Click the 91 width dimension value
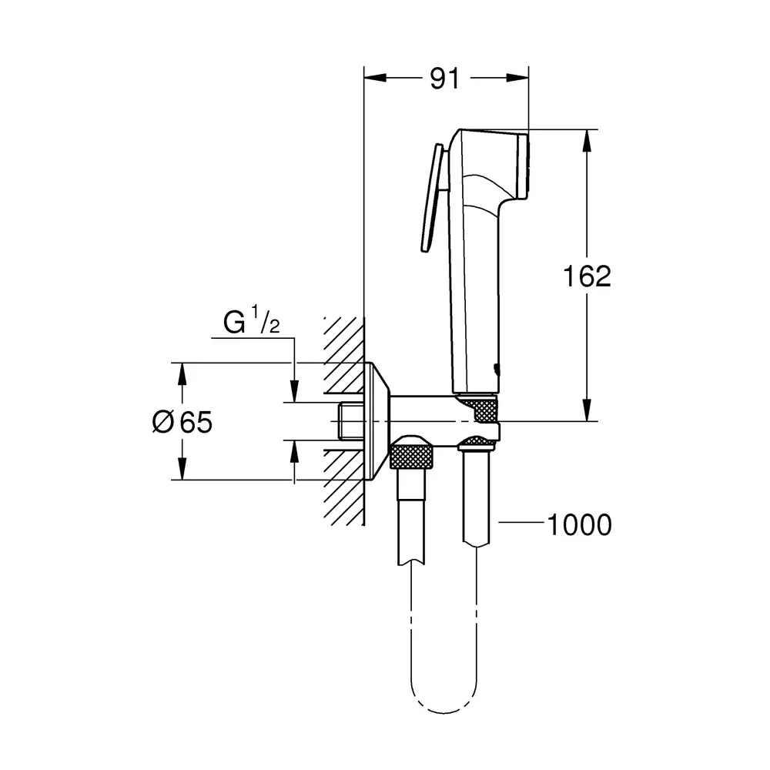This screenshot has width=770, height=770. click(444, 79)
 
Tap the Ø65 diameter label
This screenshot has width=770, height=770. click(182, 422)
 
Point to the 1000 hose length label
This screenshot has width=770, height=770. click(580, 524)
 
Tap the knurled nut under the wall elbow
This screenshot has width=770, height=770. click(411, 455)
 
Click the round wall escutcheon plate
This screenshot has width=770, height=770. click(377, 421)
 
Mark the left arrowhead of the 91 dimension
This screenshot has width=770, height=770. click(375, 78)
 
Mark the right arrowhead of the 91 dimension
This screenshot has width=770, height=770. click(517, 78)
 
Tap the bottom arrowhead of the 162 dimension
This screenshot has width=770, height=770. click(586, 410)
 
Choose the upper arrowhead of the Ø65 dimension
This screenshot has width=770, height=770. click(182, 374)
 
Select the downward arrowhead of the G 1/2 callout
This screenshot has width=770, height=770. click(294, 391)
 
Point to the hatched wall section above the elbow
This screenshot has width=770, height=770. click(343, 354)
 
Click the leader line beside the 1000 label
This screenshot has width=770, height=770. click(521, 522)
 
